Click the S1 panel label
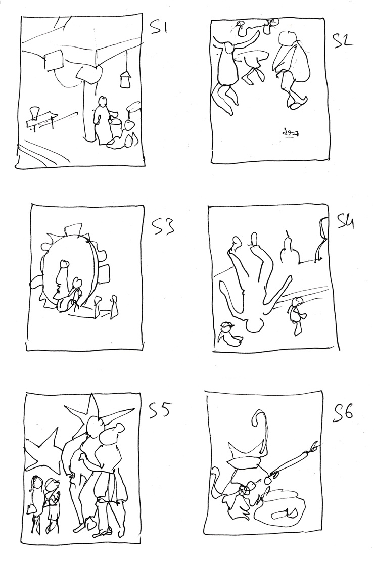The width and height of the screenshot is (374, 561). click(159, 28)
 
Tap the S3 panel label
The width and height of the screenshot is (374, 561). click(164, 226)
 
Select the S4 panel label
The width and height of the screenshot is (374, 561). click(345, 222)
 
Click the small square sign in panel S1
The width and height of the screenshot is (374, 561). click(54, 61)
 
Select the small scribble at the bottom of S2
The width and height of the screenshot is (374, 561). click(290, 133)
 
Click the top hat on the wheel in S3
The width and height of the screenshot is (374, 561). click(73, 229)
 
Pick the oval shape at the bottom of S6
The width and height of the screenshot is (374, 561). click(280, 511)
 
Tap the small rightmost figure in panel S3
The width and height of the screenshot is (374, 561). click(114, 306)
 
